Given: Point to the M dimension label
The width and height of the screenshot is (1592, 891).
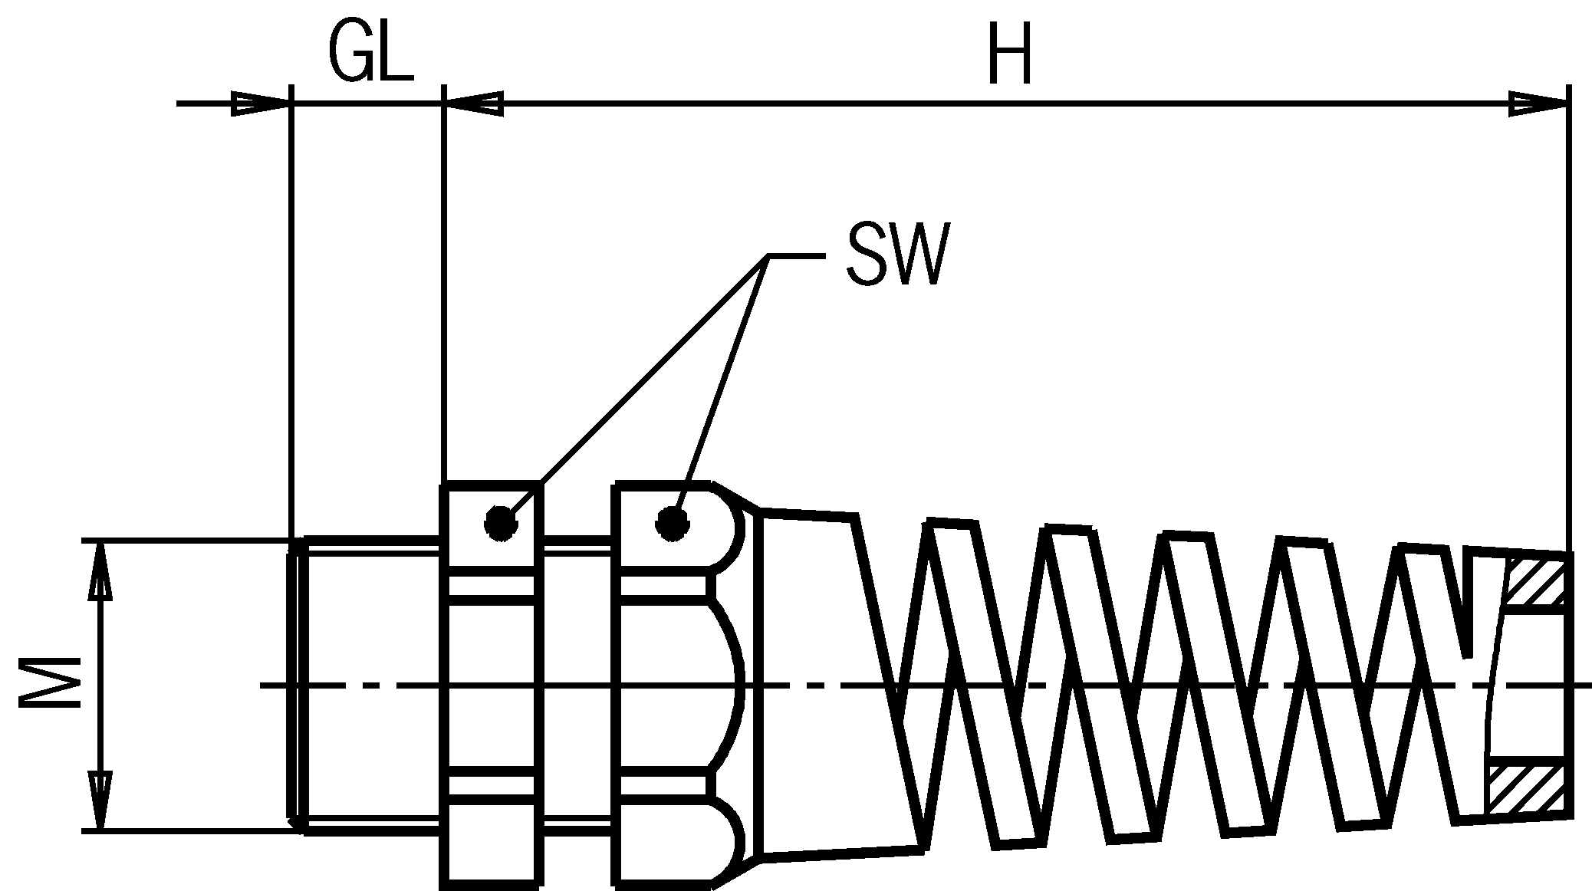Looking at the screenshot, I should tap(51, 685).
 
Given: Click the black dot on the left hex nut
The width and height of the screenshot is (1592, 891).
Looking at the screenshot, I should tap(501, 524).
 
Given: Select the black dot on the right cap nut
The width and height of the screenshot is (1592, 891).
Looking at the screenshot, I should tap(672, 524).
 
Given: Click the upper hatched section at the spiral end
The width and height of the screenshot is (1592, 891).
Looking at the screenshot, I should tap(1534, 582).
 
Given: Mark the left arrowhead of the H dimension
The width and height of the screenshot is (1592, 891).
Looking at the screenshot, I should tap(475, 104).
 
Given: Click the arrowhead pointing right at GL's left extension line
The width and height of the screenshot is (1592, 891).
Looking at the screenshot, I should tap(261, 104).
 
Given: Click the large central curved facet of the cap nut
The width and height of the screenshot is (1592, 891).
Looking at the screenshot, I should tap(725, 685).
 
